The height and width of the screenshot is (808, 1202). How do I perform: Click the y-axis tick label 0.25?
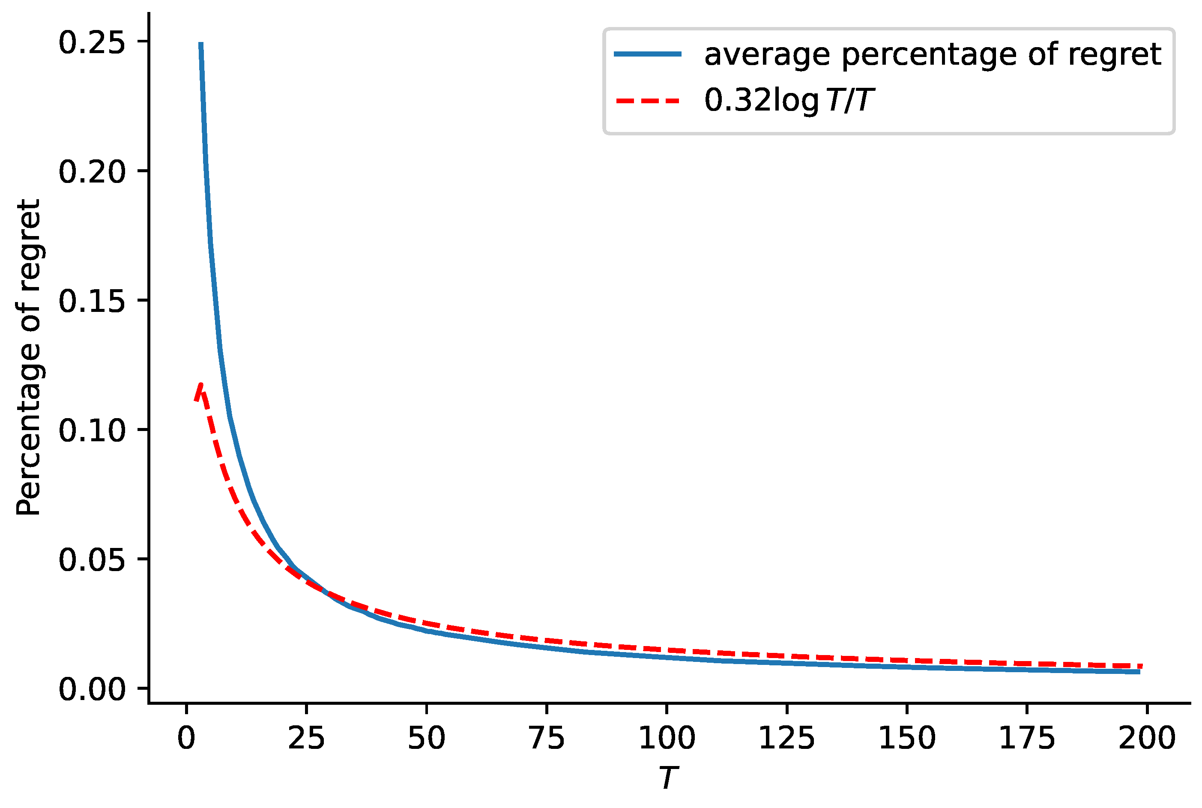coord(92,43)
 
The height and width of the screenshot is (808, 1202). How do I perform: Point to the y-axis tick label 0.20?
coord(92,172)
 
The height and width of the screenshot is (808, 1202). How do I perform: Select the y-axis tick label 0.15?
coord(92,302)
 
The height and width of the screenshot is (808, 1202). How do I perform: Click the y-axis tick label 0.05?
coord(92,560)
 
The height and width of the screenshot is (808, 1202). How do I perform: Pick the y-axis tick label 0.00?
coord(92,689)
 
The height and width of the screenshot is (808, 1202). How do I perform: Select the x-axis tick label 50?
coord(426,739)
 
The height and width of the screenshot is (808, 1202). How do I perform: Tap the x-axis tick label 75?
coord(546,739)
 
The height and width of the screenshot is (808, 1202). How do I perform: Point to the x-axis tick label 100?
coord(667,739)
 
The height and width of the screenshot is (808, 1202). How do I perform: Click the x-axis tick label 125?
coord(787,739)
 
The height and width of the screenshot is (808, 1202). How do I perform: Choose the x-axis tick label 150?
coord(907,739)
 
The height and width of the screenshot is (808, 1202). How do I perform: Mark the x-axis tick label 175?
coord(1027,739)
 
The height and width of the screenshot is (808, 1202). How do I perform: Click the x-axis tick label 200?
coord(1147,739)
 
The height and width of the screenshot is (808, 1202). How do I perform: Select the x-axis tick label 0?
coord(186,739)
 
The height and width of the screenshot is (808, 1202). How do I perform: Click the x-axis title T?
coord(668,778)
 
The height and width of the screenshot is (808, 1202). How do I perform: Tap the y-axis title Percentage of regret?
coord(28,358)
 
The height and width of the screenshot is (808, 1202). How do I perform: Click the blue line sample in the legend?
coord(648,54)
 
